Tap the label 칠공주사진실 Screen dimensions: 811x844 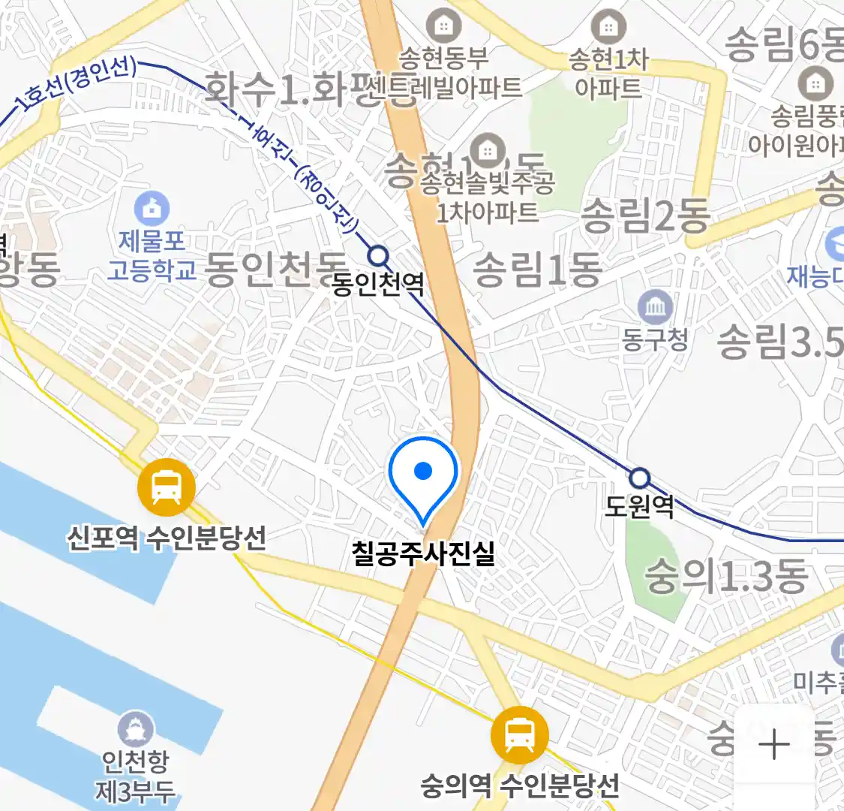pyautogui.click(x=423, y=553)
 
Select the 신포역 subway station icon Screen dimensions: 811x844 pyautogui.click(x=167, y=487)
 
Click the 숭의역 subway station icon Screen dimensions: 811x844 pyautogui.click(x=519, y=734)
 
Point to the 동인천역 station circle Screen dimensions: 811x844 pyautogui.click(x=380, y=257)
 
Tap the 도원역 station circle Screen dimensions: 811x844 pyautogui.click(x=639, y=478)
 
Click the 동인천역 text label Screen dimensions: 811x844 pyautogui.click(x=378, y=284)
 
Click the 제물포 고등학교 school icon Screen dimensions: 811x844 pyautogui.click(x=152, y=208)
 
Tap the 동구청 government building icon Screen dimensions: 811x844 pyautogui.click(x=656, y=307)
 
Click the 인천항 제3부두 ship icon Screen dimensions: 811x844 pyautogui.click(x=136, y=729)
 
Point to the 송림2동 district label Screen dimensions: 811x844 pyautogui.click(x=645, y=216)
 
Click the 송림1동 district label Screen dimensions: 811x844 pyautogui.click(x=536, y=270)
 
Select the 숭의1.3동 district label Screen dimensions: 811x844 pyautogui.click(x=726, y=577)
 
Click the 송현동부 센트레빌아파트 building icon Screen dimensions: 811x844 pyautogui.click(x=444, y=26)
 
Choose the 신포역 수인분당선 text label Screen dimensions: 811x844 pyautogui.click(x=167, y=537)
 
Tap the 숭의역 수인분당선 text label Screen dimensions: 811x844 pyautogui.click(x=519, y=785)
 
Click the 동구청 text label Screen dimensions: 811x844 pyautogui.click(x=655, y=339)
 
